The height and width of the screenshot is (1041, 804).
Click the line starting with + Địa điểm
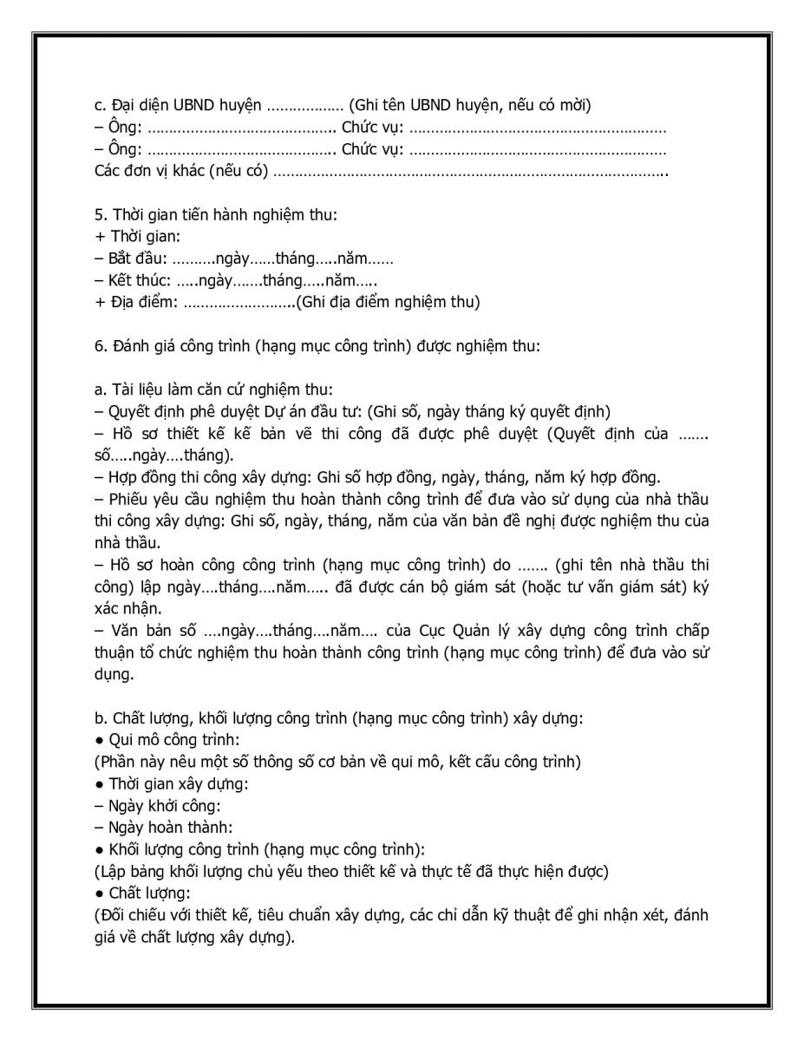tap(286, 302)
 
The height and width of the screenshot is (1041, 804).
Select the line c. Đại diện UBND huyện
tap(342, 106)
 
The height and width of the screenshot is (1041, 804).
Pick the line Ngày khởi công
tap(156, 805)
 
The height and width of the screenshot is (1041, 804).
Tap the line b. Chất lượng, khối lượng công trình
tap(311, 718)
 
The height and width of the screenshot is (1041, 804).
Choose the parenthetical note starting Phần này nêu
tap(337, 762)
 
